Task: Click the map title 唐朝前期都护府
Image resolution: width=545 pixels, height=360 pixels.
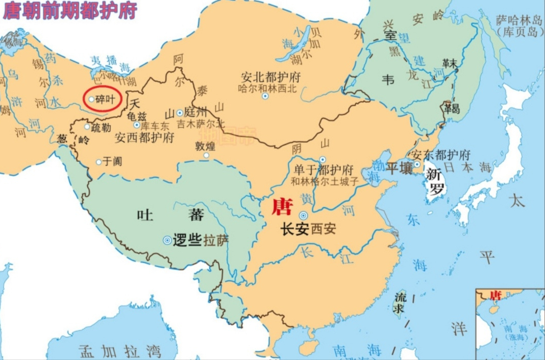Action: point(70,11)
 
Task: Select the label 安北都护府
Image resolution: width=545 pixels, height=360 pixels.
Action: point(270,78)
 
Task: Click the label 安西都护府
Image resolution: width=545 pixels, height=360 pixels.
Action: point(144,138)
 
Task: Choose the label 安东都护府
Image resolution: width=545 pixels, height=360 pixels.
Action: point(440,155)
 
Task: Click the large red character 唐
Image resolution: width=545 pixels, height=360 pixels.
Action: point(282,207)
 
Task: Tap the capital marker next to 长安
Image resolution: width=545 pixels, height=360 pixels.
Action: point(304,216)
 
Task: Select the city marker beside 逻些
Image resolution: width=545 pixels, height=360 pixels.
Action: point(167,239)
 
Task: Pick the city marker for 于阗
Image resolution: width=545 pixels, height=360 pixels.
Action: point(99,162)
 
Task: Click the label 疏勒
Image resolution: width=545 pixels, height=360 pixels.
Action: point(100,128)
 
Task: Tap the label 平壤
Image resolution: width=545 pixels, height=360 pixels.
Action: point(399,168)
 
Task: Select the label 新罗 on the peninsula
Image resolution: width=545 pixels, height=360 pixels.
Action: point(436,181)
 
